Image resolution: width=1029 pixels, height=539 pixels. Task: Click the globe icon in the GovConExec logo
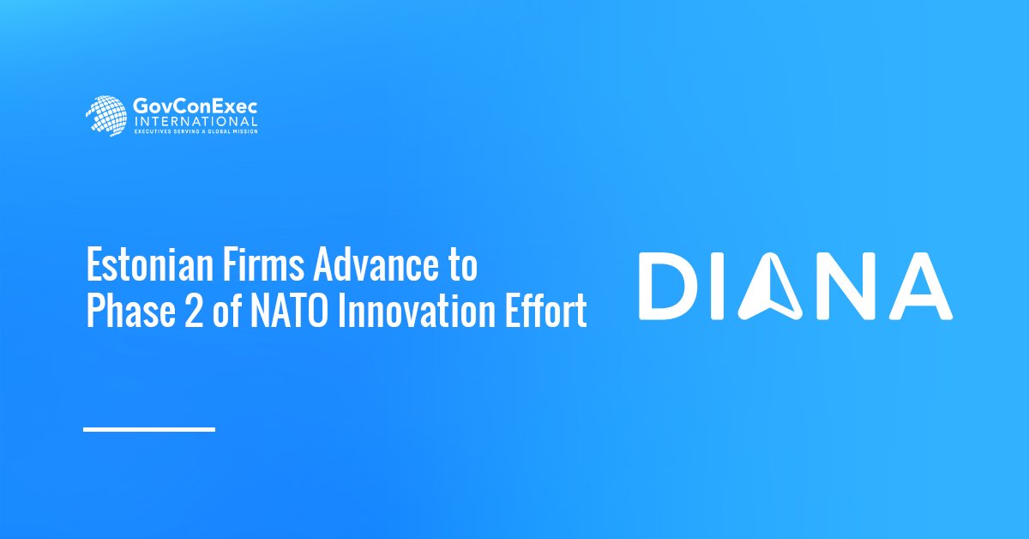click(x=105, y=116)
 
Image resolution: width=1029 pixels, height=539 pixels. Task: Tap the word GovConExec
click(x=195, y=107)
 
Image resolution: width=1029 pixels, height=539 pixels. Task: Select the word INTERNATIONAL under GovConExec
click(x=196, y=122)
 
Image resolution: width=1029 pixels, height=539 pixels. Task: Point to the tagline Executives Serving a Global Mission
click(x=196, y=131)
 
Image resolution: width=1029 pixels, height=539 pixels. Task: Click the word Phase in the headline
click(x=131, y=312)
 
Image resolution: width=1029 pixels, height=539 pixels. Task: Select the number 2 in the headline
click(x=194, y=312)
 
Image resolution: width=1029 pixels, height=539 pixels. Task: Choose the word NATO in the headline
click(x=290, y=312)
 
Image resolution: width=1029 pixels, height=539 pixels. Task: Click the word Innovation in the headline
click(x=417, y=312)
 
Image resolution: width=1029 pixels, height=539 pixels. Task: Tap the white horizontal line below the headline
click(x=149, y=429)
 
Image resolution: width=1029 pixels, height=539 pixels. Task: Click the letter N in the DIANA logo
click(x=847, y=286)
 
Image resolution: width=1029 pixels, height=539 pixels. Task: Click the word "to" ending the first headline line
click(x=463, y=265)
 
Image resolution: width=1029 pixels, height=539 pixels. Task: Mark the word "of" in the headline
click(x=226, y=312)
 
